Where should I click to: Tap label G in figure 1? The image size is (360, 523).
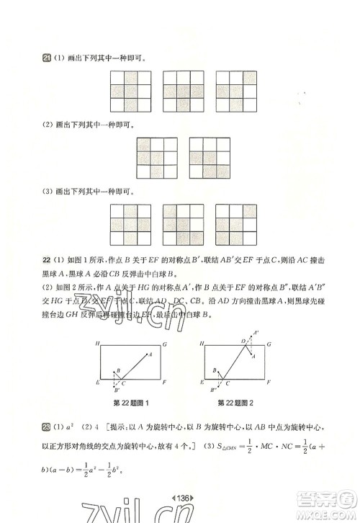point(166,342)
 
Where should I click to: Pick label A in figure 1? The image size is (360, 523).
point(150,353)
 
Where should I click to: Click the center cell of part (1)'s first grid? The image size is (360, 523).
point(130,90)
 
